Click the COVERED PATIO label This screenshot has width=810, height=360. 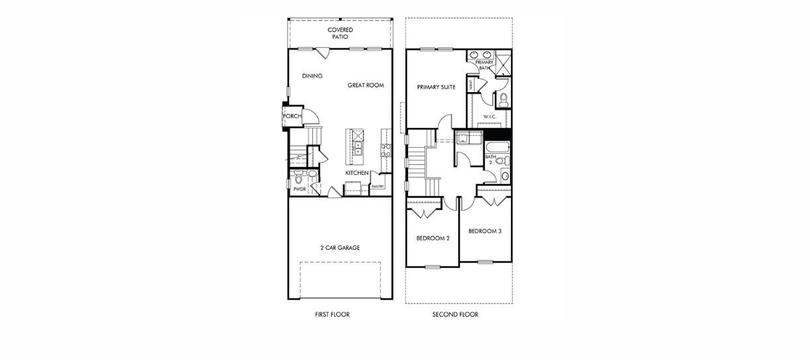click(340, 33)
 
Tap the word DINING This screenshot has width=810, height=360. click(312, 76)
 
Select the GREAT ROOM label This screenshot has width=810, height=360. click(366, 86)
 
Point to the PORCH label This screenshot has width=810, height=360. click(292, 117)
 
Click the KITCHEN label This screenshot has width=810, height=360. click(356, 173)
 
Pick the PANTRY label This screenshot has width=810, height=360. click(377, 187)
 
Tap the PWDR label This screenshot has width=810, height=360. click(299, 189)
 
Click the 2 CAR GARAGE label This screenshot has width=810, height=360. click(340, 248)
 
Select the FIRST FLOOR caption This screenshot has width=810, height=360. click(332, 315)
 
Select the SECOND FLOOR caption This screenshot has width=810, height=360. click(455, 315)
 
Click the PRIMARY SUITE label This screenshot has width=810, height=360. click(436, 87)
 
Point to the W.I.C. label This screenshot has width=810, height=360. click(490, 117)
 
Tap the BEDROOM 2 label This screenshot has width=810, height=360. click(433, 238)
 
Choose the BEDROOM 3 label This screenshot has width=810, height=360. click(485, 231)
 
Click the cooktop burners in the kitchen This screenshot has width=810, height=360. click(384, 150)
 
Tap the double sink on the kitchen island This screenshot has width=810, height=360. click(358, 147)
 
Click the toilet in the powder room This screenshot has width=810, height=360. click(299, 178)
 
